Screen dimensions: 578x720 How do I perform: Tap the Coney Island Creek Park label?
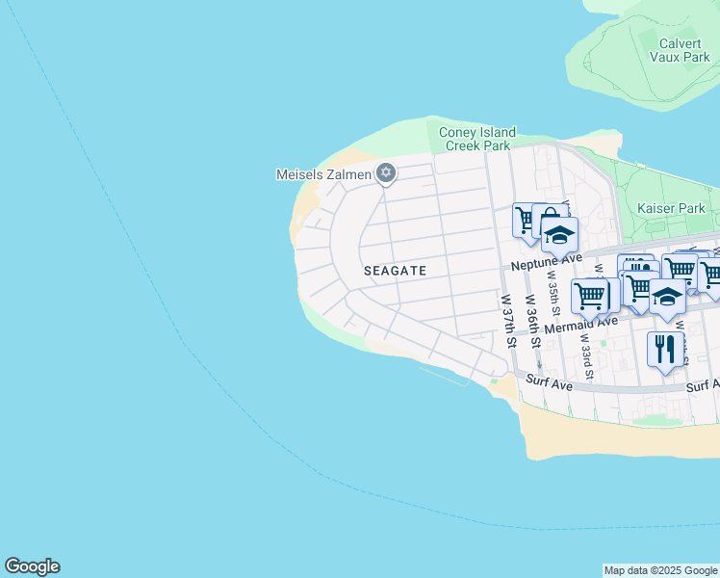point(477,139)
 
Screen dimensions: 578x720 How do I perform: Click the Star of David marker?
point(386,173)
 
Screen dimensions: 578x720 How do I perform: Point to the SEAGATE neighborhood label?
point(395,272)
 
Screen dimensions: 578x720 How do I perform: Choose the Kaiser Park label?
point(671,208)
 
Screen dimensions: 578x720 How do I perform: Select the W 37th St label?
point(507,322)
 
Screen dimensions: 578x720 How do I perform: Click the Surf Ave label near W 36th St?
point(549,383)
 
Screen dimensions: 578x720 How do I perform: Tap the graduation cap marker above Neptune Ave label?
point(558,234)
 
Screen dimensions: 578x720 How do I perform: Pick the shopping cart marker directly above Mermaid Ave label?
point(590,294)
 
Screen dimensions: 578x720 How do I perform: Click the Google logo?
point(32,566)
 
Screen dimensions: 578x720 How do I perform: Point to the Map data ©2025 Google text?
point(659,570)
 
